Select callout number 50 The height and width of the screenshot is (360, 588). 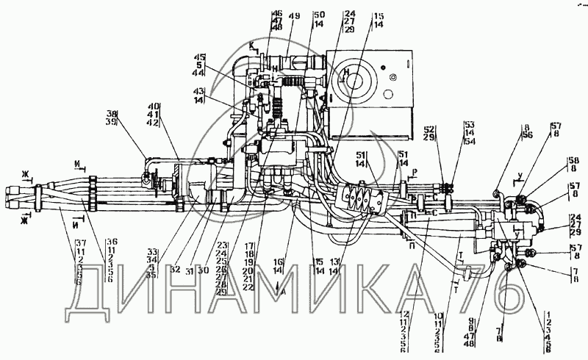(x=319, y=13)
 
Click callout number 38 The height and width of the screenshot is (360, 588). (x=112, y=114)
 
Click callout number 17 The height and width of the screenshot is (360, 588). (x=250, y=246)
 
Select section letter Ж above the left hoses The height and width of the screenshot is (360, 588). (x=25, y=173)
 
